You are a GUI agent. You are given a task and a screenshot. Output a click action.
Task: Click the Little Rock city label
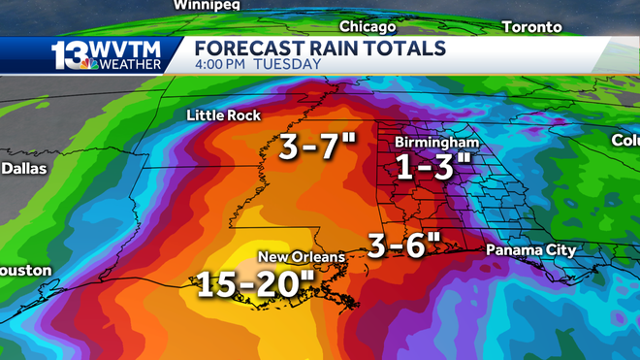(x=223, y=115)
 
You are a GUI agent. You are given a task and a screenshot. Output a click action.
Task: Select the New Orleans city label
(x=301, y=257)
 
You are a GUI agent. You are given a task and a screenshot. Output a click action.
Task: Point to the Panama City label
(x=530, y=250)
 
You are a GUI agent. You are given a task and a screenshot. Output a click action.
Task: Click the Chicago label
(x=368, y=27)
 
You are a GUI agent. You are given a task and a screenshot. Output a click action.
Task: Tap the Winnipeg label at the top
(x=206, y=5)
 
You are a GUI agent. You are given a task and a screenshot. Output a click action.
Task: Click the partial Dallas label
(x=16, y=168)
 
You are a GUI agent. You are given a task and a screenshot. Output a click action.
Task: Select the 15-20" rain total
(x=257, y=284)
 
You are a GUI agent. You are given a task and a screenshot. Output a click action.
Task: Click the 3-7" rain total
(x=317, y=147)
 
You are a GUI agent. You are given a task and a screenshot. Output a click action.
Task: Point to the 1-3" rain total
(x=432, y=168)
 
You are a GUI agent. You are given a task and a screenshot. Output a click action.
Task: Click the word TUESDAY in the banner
(x=289, y=65)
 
